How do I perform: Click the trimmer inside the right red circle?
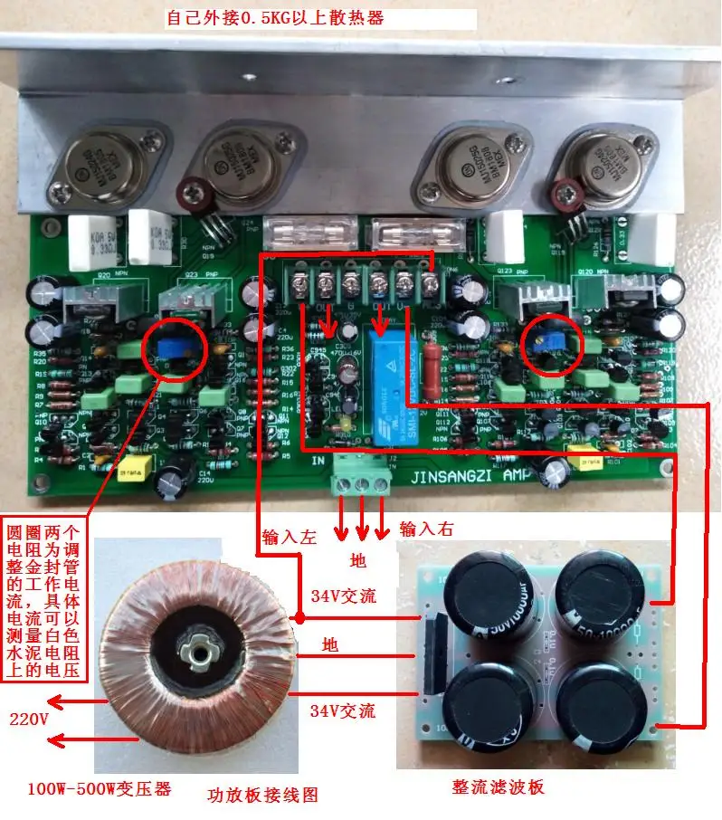pos(546,341)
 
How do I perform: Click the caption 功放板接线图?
pos(261,796)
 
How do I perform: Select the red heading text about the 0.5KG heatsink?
pos(275,17)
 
